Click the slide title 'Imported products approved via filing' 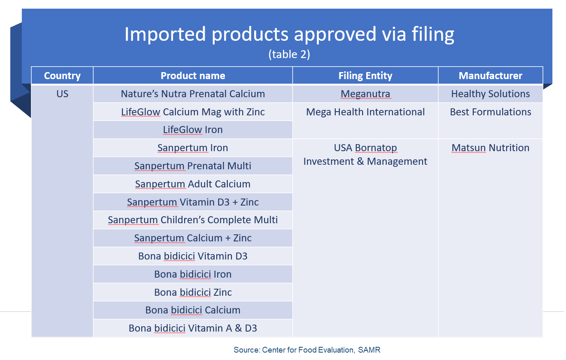[289, 34]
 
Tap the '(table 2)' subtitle [289, 54]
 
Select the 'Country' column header [62, 75]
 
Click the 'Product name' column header [193, 75]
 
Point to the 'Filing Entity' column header [365, 75]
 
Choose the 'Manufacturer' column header [491, 75]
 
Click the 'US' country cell [62, 94]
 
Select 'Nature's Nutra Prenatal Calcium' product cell [193, 94]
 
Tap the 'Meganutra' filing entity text [365, 94]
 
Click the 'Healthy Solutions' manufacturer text [491, 94]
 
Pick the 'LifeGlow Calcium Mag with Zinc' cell [193, 112]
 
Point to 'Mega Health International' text [365, 112]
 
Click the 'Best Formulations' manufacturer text [491, 112]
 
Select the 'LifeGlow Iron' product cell [193, 130]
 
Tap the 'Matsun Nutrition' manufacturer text [491, 148]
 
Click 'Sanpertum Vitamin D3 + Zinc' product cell [193, 202]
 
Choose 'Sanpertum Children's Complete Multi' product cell [193, 220]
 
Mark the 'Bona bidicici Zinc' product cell [193, 292]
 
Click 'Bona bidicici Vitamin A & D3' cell [193, 328]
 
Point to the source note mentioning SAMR [307, 350]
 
